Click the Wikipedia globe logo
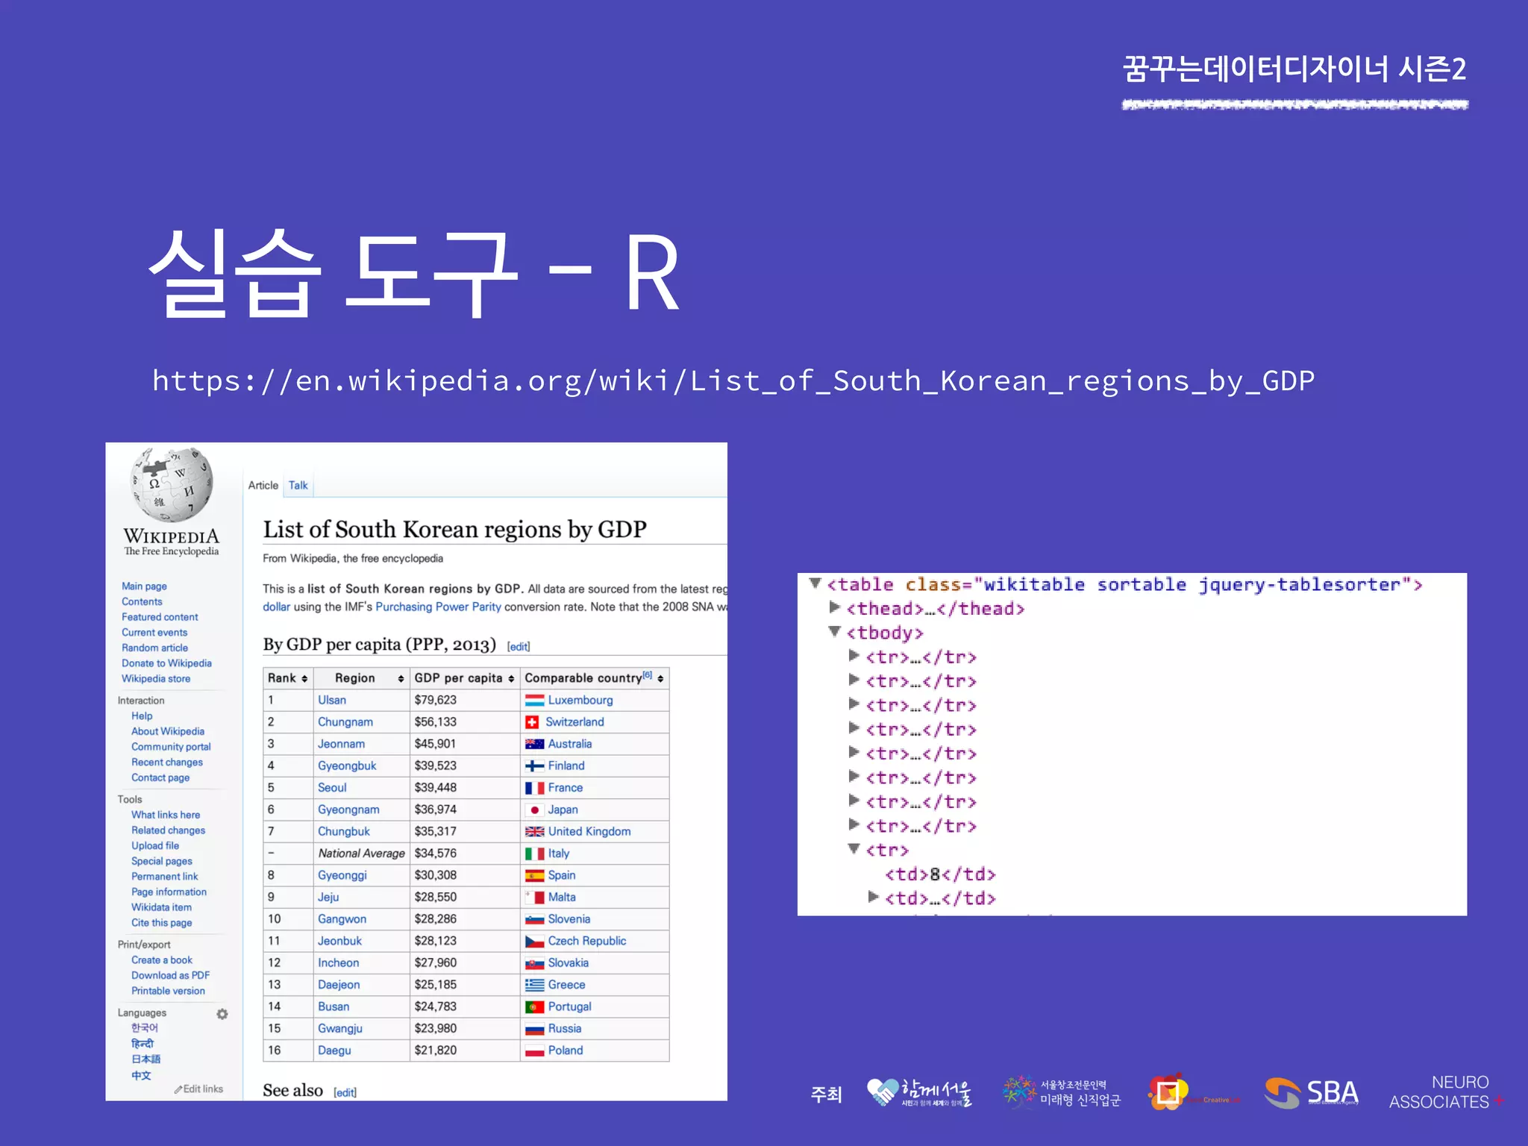[x=172, y=485]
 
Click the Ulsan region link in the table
[x=331, y=700]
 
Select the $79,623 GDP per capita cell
[x=436, y=700]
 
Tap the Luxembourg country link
[x=580, y=700]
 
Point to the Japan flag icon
[x=534, y=810]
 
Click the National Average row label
[x=361, y=853]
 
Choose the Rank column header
[x=282, y=677]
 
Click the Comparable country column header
[x=584, y=677]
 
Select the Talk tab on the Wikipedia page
[x=298, y=485]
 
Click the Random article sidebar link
[x=154, y=648]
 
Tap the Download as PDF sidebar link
[x=170, y=975]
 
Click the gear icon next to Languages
[x=222, y=1014]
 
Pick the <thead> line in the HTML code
[x=935, y=609]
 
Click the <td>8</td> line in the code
[x=940, y=874]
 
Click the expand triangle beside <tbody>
[x=835, y=632]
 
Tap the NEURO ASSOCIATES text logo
[x=1440, y=1092]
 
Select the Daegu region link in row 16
[x=334, y=1050]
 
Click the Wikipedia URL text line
[x=733, y=381]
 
